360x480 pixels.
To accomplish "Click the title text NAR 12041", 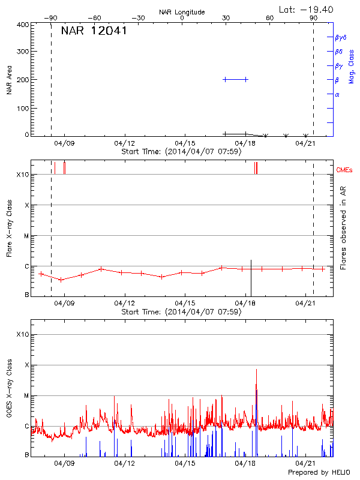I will [94, 31].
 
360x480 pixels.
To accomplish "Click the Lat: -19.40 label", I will [307, 9].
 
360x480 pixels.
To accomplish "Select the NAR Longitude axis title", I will [182, 12].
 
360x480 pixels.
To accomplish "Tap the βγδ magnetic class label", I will [341, 37].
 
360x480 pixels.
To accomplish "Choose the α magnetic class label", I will [337, 95].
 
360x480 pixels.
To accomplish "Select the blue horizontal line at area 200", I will [235, 79].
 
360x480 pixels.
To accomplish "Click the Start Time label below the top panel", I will [181, 152].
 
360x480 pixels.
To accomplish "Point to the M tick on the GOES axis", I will [26, 395].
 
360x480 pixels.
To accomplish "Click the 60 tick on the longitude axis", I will [269, 19].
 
